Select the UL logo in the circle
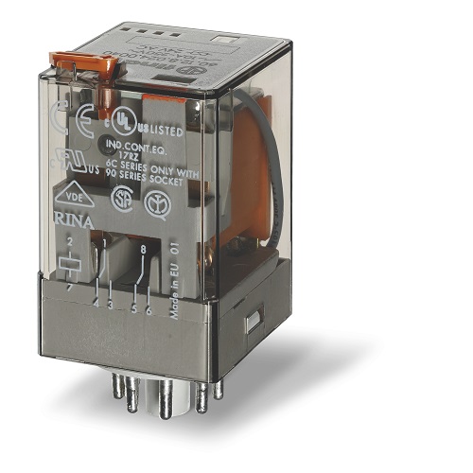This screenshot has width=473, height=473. tap(121, 120)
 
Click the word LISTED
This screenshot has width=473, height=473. tap(156, 124)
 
